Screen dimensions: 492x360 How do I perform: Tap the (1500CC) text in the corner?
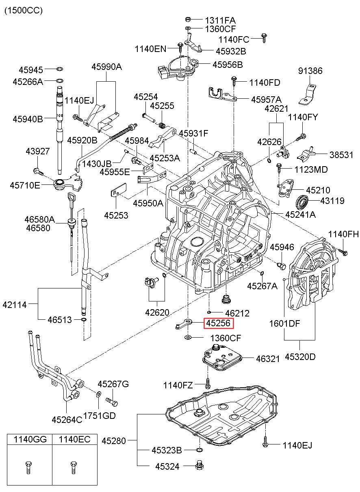coord(23,11)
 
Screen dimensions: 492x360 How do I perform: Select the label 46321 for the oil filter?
coord(268,359)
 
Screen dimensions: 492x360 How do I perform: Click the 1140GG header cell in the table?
coord(30,439)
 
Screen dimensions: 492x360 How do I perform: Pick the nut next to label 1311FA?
coord(188,19)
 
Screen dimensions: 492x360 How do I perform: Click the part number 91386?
coord(310,71)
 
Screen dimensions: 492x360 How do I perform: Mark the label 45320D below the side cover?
coord(300,357)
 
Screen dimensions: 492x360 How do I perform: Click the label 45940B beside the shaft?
coord(28,119)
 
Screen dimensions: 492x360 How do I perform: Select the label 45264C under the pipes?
coord(67,419)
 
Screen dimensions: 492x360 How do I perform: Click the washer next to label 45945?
coord(59,69)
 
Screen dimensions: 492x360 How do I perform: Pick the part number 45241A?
coord(300,214)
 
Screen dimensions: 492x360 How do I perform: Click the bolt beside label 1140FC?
coord(264,39)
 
